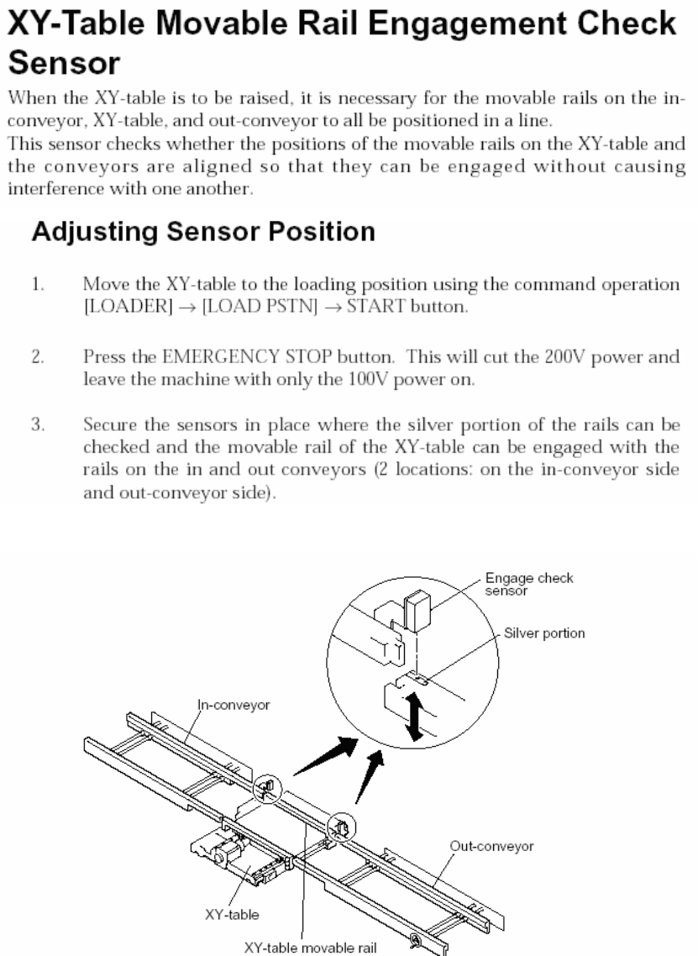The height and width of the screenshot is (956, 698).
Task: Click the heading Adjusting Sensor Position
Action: click(x=202, y=232)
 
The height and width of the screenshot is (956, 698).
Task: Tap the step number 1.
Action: click(x=38, y=285)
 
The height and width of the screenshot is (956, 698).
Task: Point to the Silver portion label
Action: click(x=544, y=633)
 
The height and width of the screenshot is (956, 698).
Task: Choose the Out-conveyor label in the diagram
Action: click(x=492, y=847)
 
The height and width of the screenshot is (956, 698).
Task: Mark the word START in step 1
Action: click(x=365, y=307)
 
